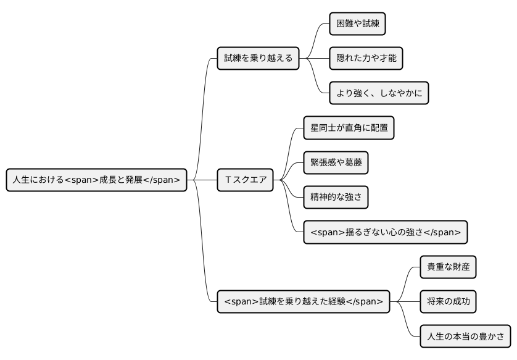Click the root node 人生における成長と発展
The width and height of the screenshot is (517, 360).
point(96,180)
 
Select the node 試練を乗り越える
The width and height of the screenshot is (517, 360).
point(258,59)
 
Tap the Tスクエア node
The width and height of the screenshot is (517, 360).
point(246,180)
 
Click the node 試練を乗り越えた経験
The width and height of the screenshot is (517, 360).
point(303,301)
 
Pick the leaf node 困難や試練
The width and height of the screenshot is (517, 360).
point(357,24)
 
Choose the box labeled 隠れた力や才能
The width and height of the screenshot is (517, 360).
point(366,59)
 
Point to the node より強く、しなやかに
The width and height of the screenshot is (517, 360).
point(378,93)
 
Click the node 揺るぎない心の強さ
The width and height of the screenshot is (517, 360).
point(385,232)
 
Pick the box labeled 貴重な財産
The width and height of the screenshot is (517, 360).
point(448,267)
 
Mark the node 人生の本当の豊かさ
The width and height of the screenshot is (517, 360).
point(465,337)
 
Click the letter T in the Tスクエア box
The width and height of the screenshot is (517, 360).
point(228,180)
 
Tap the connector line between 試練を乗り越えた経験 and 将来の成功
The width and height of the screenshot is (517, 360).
point(405,301)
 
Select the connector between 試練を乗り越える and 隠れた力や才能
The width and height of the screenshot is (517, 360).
point(314,59)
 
